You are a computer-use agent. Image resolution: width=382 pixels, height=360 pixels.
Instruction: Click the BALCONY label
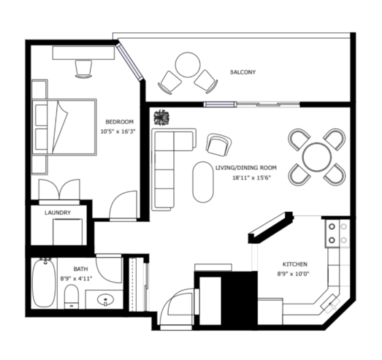[x=243, y=72]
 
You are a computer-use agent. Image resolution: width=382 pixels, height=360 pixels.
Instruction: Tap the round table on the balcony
[x=188, y=64]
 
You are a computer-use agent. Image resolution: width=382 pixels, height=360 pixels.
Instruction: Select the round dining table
[x=317, y=157]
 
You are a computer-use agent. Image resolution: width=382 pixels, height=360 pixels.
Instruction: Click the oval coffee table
[x=203, y=182]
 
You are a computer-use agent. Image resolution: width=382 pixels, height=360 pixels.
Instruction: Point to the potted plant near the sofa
[x=161, y=118]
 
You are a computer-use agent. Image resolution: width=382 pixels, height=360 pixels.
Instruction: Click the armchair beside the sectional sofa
[x=219, y=145]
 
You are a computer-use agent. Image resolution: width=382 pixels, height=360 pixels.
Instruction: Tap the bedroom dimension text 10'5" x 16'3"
[x=118, y=131]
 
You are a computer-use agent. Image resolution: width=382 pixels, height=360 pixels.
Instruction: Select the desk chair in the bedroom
[x=83, y=69]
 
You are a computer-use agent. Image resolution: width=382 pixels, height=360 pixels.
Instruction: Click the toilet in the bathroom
[x=72, y=296]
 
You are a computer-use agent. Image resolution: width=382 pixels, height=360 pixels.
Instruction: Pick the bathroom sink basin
[x=105, y=299]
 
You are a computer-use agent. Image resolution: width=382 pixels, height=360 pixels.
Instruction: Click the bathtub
[x=44, y=283]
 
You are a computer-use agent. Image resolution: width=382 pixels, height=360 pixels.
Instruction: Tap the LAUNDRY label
[x=58, y=212]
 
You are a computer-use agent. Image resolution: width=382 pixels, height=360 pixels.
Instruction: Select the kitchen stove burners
[x=337, y=234]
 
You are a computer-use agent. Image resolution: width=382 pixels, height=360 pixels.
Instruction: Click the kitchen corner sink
[x=330, y=303]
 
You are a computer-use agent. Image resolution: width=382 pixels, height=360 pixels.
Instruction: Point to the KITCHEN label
[x=295, y=264]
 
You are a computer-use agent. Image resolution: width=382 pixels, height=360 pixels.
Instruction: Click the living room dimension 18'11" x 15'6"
[x=252, y=177]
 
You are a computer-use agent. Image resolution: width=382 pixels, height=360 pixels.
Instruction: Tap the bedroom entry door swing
[x=123, y=206]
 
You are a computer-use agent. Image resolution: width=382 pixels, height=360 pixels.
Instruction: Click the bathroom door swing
[x=109, y=269]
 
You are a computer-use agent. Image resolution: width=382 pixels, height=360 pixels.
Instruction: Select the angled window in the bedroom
[x=129, y=62]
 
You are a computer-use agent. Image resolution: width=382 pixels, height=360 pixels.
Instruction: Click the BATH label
[x=80, y=269]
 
